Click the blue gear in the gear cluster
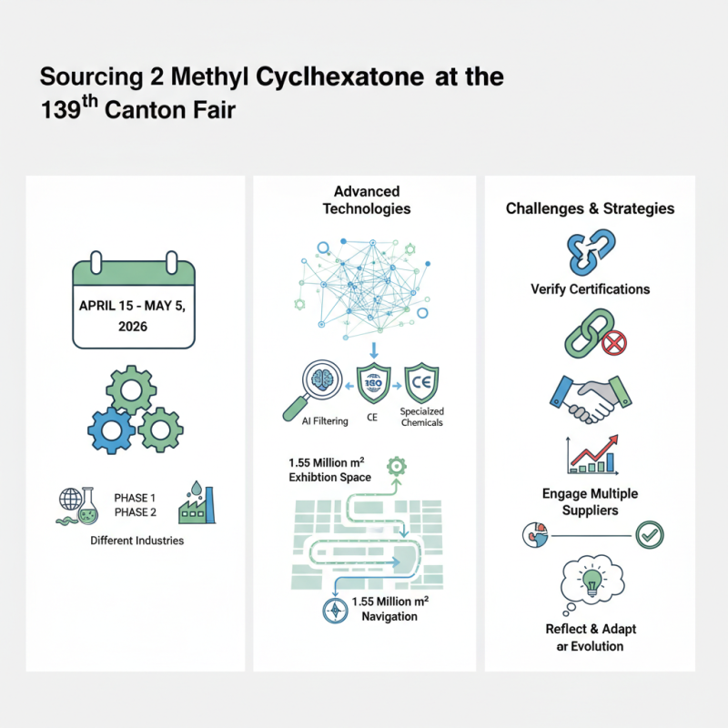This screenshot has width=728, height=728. pyautogui.click(x=112, y=430)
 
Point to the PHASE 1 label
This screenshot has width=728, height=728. pyautogui.click(x=135, y=498)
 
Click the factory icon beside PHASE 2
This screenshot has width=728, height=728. pyautogui.click(x=197, y=502)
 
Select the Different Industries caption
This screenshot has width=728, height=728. pyautogui.click(x=136, y=541)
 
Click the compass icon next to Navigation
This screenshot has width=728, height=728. pyautogui.click(x=336, y=612)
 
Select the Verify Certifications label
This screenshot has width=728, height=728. pyautogui.click(x=590, y=289)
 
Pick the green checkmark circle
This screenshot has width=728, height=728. pyautogui.click(x=649, y=534)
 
